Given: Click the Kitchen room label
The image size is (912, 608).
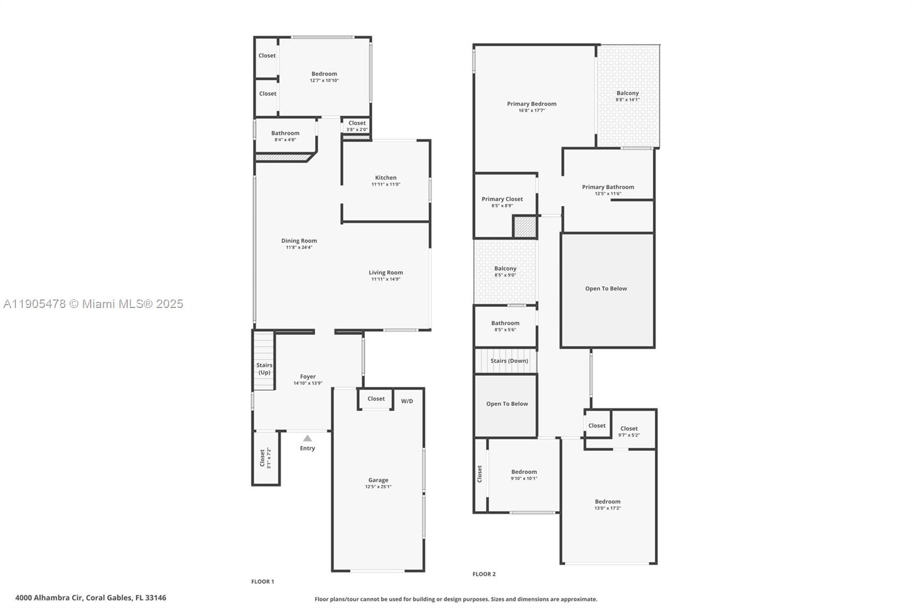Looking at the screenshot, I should (385, 177).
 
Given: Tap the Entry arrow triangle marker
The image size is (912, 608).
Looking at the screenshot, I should (307, 438).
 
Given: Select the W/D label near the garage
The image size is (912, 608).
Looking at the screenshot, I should (407, 401).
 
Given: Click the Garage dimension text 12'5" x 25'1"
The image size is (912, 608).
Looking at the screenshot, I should (378, 487).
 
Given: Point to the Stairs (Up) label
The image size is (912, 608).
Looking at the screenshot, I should (264, 368).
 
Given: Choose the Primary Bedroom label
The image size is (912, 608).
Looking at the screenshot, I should (531, 104).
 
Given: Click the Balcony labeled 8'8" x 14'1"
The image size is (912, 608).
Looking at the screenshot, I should (628, 96).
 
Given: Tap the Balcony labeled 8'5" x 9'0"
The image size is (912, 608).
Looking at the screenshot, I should (505, 271).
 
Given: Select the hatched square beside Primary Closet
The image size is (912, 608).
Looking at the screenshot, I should (524, 226).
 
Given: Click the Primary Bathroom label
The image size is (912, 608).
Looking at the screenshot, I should (608, 187).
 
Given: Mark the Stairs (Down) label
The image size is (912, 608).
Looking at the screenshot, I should (509, 360).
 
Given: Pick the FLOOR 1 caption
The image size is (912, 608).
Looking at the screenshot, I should (263, 581).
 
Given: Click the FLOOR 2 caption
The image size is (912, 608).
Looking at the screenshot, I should (484, 574).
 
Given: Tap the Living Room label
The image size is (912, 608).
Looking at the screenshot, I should (385, 273).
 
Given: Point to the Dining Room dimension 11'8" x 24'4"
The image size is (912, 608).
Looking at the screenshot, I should (299, 248).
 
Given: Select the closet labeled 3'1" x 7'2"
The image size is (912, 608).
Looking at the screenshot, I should (265, 458).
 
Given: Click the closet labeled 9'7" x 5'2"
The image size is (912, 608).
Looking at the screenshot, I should (629, 432).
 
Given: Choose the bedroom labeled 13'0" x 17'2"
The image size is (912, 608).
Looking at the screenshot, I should (608, 505).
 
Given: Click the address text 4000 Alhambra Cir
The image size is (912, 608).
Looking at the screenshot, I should (50, 598).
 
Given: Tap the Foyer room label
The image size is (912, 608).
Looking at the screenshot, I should (308, 376).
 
